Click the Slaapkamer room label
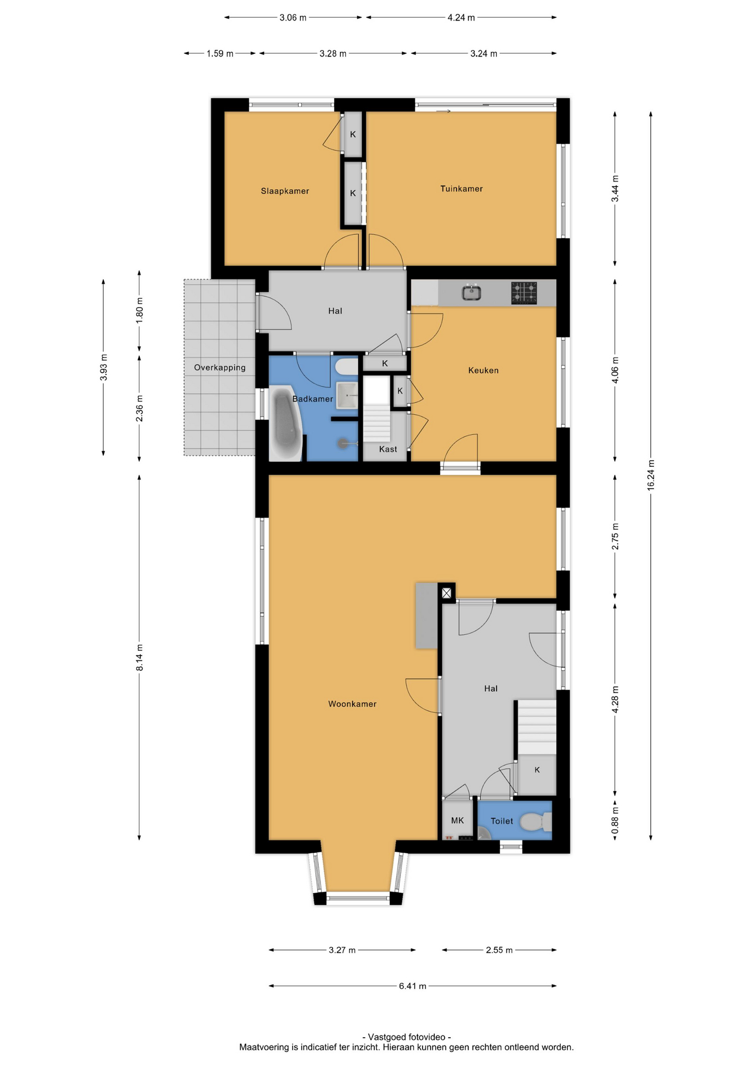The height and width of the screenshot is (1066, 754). (285, 191)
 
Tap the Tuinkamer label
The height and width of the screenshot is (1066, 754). (461, 189)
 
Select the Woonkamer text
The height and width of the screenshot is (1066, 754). (352, 704)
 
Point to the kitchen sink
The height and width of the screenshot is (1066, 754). (472, 292)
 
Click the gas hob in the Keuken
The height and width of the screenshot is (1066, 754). (524, 293)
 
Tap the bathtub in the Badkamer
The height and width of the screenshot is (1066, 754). (285, 423)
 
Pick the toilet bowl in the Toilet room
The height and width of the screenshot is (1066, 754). (537, 821)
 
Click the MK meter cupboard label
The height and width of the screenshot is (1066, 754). (458, 821)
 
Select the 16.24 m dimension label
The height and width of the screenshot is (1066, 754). (651, 475)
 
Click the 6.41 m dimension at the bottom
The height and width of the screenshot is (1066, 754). (413, 986)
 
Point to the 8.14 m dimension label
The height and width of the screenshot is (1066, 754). (139, 657)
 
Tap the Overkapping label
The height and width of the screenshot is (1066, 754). (220, 368)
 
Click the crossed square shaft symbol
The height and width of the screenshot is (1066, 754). (446, 593)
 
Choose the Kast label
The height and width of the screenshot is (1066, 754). (388, 449)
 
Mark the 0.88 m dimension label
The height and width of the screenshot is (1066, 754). (615, 820)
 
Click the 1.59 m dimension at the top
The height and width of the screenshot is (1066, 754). (220, 54)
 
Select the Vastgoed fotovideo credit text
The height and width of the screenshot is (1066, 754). (406, 1037)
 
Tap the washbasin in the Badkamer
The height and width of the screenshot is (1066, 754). (347, 395)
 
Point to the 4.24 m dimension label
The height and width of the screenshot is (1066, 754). (461, 18)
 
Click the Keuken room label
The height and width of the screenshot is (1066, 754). (483, 370)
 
